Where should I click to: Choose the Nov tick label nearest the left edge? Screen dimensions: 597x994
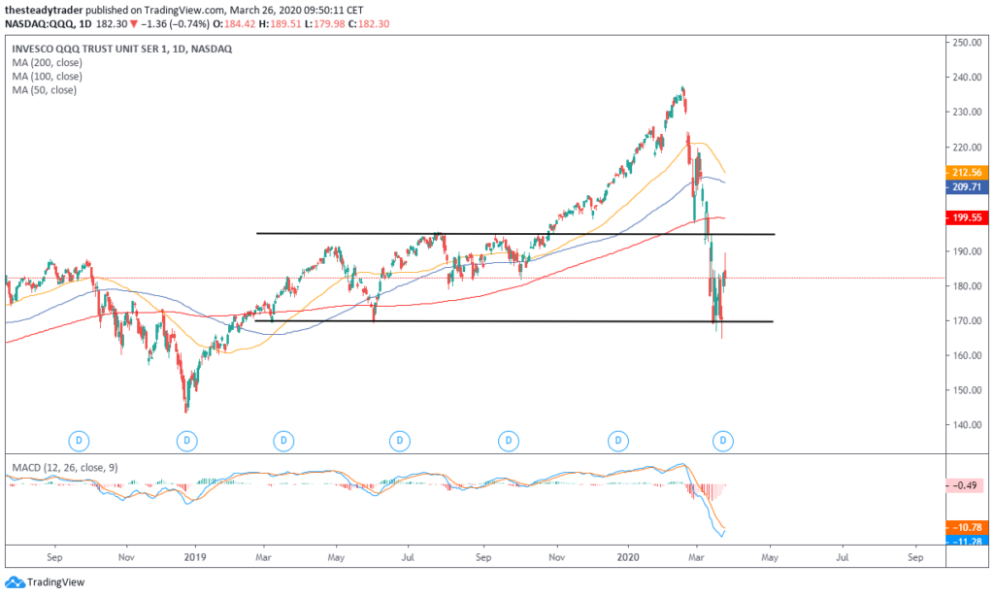(125, 559)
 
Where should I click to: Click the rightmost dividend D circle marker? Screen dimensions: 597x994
(723, 441)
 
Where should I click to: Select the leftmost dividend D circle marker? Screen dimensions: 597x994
(80, 441)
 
